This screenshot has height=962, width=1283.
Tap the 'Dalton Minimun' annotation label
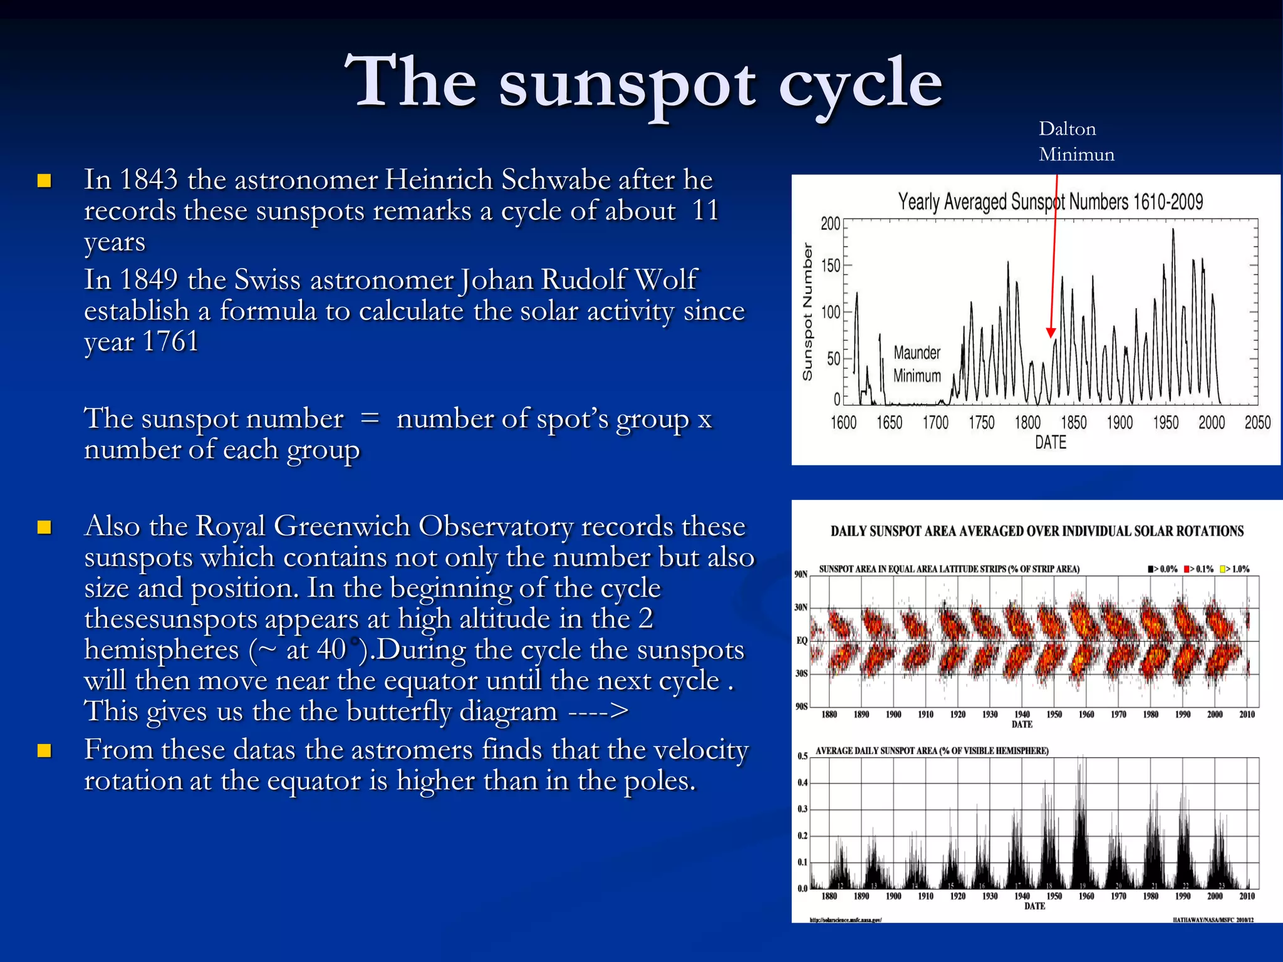pos(1076,142)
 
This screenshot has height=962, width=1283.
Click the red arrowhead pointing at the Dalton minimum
pos(1051,333)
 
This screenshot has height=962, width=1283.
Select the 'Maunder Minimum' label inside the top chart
pos(917,364)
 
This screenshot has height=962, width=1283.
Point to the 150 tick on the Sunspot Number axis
pos(831,266)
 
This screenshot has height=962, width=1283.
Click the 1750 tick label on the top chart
pos(981,423)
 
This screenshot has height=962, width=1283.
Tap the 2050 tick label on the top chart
pos(1257,423)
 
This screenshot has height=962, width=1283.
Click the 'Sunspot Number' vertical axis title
pos(808,312)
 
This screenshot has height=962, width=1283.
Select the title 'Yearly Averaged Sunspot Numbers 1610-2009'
pos(1051,202)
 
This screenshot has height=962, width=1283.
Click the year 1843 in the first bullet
pos(148,180)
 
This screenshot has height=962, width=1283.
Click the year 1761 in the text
pos(170,342)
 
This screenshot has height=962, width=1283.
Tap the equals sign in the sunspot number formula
pos(370,418)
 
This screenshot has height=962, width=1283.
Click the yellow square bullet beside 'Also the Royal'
pos(44,527)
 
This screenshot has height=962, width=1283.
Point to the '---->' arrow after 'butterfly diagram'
pos(598,712)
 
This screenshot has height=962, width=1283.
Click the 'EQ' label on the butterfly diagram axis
pos(801,641)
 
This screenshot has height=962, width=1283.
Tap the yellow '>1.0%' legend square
pos(1222,569)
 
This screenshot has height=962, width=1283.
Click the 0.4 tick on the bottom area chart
pos(803,783)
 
